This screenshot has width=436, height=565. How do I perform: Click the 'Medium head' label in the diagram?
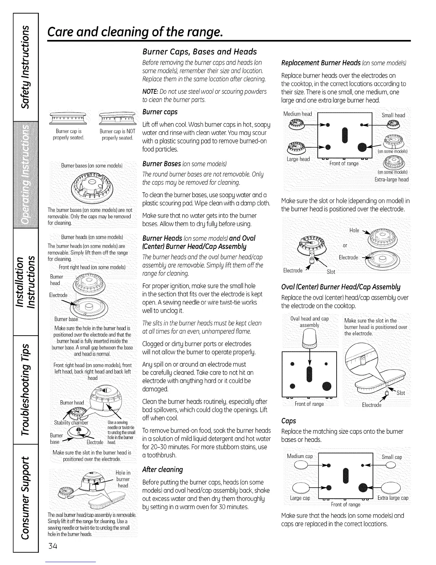(297, 114)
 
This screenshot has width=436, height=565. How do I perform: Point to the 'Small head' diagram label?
(393, 115)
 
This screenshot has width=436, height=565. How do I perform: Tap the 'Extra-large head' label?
(391, 179)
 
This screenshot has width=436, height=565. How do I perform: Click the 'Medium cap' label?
(300, 456)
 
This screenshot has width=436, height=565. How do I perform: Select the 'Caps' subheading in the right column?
(289, 421)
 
